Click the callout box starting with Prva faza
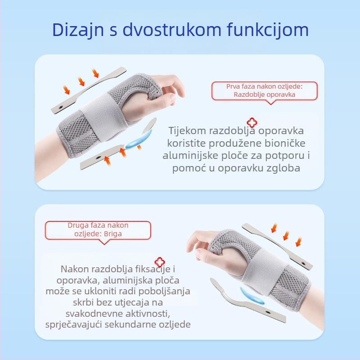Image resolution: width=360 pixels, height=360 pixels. click(x=264, y=90)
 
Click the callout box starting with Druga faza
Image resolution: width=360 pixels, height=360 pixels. click(x=98, y=229)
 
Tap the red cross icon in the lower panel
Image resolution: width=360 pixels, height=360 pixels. click(x=158, y=262)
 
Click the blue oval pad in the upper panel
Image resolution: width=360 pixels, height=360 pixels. click(x=134, y=143)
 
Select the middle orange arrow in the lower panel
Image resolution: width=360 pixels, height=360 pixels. click(x=285, y=235)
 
